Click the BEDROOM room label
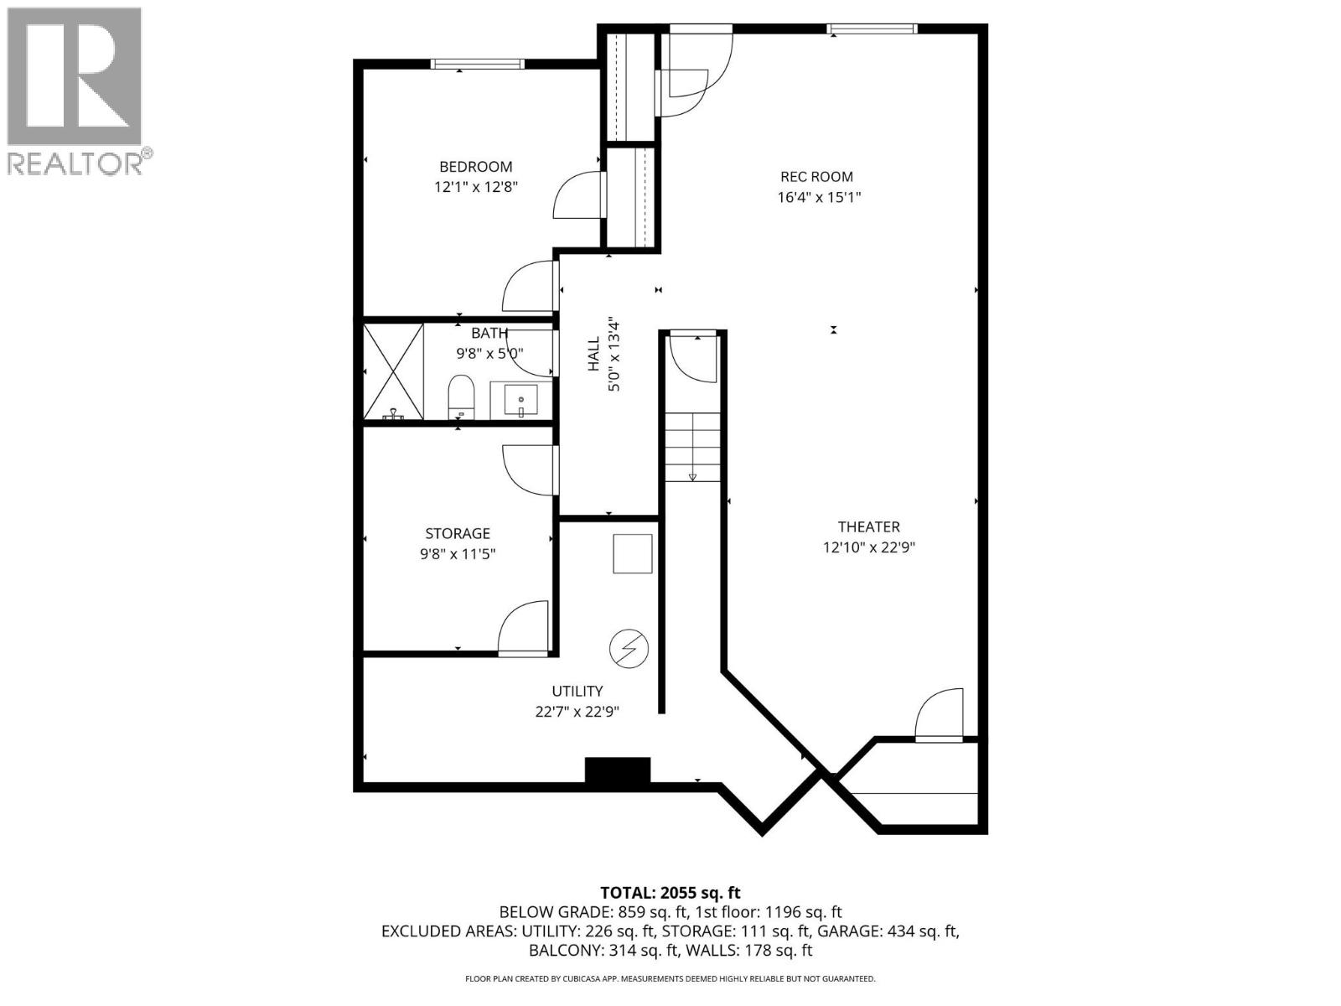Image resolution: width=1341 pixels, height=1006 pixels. pyautogui.click(x=475, y=167)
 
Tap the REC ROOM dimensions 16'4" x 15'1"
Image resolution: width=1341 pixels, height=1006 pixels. pyautogui.click(x=819, y=198)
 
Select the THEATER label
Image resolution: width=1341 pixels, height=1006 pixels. pyautogui.click(x=868, y=526)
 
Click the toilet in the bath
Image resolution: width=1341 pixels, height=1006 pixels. pyautogui.click(x=461, y=397)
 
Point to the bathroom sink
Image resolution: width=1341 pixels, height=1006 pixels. pyautogui.click(x=520, y=400)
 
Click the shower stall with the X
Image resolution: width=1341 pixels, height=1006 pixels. pyautogui.click(x=393, y=371)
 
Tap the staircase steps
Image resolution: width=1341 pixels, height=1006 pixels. pyautogui.click(x=692, y=447)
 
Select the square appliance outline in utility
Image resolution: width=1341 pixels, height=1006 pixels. pyautogui.click(x=633, y=554)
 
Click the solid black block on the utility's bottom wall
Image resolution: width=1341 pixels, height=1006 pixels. pyautogui.click(x=618, y=770)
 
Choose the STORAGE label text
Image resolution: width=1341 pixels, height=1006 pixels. pyautogui.click(x=458, y=533)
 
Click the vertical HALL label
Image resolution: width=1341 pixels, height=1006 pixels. pyautogui.click(x=593, y=354)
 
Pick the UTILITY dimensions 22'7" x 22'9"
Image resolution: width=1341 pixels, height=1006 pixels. pyautogui.click(x=577, y=712)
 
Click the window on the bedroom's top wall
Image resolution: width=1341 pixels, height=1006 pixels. pyautogui.click(x=478, y=64)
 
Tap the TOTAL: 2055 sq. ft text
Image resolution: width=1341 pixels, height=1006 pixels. pyautogui.click(x=670, y=893)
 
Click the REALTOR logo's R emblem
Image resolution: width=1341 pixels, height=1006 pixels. pyautogui.click(x=74, y=78)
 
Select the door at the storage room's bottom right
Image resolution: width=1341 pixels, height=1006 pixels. pyautogui.click(x=524, y=629)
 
